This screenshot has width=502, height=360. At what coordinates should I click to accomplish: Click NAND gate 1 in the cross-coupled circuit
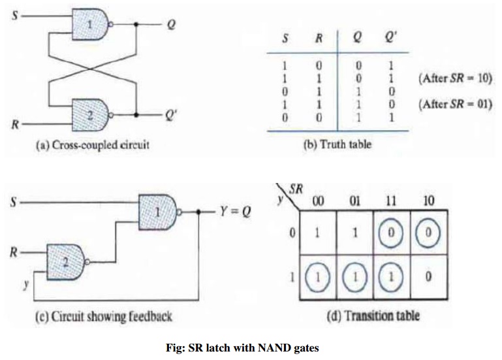click(x=92, y=25)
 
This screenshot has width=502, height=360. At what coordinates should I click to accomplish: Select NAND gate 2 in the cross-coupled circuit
click(x=92, y=114)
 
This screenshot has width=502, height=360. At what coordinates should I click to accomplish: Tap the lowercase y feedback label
click(x=25, y=284)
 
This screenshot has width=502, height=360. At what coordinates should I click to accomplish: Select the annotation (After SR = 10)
click(x=454, y=78)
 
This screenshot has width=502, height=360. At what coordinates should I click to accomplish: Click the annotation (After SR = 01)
click(x=454, y=105)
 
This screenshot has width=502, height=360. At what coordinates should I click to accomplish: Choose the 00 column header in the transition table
click(x=318, y=200)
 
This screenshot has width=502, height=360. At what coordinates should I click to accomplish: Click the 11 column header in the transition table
click(x=390, y=200)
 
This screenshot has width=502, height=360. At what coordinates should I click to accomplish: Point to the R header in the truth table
click(x=319, y=38)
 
